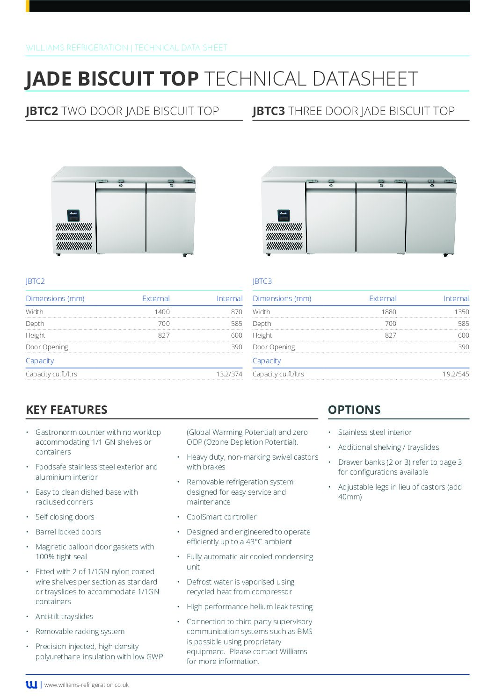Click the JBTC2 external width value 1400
pyautogui.click(x=162, y=312)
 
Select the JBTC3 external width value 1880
pyautogui.click(x=388, y=312)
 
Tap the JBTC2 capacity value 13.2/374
pyautogui.click(x=229, y=374)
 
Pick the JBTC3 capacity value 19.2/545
pyautogui.click(x=456, y=374)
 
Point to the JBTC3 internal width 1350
pyautogui.click(x=461, y=312)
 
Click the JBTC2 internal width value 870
pyautogui.click(x=236, y=312)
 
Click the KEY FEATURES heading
pyautogui.click(x=66, y=410)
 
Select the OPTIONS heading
pyautogui.click(x=354, y=410)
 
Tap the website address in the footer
pyautogui.click(x=87, y=685)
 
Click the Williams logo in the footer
pyautogui.click(x=31, y=685)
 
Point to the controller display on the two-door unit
pyautogui.click(x=73, y=215)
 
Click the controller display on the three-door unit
pyautogui.click(x=284, y=215)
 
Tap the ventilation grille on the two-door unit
pyautogui.click(x=74, y=236)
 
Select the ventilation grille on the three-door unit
pyautogui.click(x=284, y=236)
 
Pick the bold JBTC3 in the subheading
pyautogui.click(x=269, y=111)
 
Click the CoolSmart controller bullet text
pyautogui.click(x=221, y=517)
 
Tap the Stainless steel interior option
pyautogui.click(x=375, y=433)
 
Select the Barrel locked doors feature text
pyautogui.click(x=68, y=532)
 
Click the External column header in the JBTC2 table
pyautogui.click(x=156, y=299)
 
